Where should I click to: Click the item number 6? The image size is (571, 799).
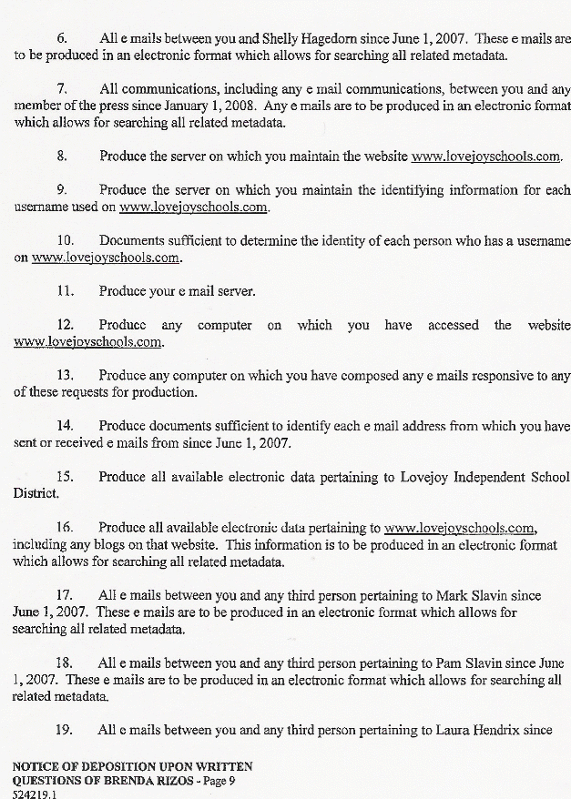tap(62, 41)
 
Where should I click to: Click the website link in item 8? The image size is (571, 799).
tap(486, 157)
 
